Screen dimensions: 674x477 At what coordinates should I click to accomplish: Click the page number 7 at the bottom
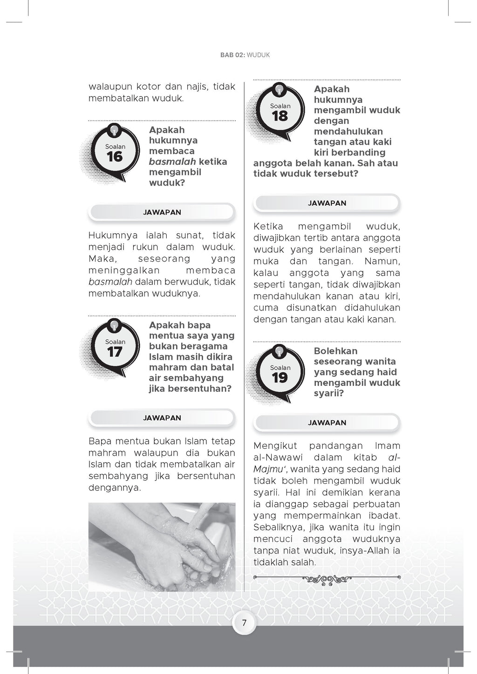click(x=244, y=623)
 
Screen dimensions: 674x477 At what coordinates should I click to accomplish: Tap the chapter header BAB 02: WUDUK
click(x=245, y=55)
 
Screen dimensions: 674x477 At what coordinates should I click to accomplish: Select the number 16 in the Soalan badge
click(x=115, y=157)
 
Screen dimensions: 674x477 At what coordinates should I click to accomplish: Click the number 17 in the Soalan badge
click(x=115, y=352)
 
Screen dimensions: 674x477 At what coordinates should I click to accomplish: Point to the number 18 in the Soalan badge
click(x=280, y=116)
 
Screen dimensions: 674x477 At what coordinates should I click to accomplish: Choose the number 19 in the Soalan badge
click(x=280, y=378)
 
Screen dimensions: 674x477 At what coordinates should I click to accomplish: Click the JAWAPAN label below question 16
click(x=162, y=212)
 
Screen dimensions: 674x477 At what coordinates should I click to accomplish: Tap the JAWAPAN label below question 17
click(x=162, y=418)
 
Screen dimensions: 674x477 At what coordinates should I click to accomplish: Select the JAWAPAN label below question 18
click(x=327, y=203)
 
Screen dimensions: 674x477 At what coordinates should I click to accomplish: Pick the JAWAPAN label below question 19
click(x=327, y=423)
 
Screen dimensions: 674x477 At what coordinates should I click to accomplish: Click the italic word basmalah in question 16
click(x=171, y=162)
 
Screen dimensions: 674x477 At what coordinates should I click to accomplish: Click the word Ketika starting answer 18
click(x=268, y=227)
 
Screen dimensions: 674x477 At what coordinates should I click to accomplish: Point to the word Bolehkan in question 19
click(x=335, y=351)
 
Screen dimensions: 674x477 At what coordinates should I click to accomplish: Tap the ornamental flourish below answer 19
click(x=327, y=579)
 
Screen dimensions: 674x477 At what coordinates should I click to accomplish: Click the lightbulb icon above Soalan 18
click(x=279, y=88)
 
